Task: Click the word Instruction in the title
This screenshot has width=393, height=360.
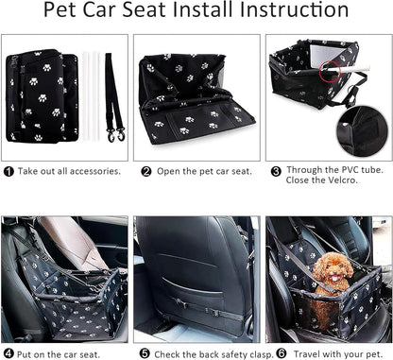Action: pyautogui.click(x=294, y=9)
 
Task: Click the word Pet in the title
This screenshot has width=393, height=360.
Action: pyautogui.click(x=60, y=9)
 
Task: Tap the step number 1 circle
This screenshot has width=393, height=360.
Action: pyautogui.click(x=9, y=172)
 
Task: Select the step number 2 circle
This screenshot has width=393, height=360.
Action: pyautogui.click(x=145, y=172)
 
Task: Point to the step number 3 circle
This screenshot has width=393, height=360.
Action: pyautogui.click(x=276, y=171)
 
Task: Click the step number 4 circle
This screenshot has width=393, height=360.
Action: pyautogui.click(x=9, y=353)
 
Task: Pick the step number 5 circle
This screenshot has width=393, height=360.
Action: pyautogui.click(x=145, y=353)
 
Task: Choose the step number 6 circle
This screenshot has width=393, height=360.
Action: pyautogui.click(x=282, y=353)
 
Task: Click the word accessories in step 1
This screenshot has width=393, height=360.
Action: pyautogui.click(x=95, y=171)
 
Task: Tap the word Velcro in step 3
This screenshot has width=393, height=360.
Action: pyautogui.click(x=343, y=180)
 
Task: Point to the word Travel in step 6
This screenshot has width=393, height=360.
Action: pyautogui.click(x=307, y=353)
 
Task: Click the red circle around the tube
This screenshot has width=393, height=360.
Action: pyautogui.click(x=330, y=72)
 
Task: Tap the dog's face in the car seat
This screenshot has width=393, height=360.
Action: pyautogui.click(x=333, y=271)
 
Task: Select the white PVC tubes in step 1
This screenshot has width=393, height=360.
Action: pyautogui.click(x=91, y=96)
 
